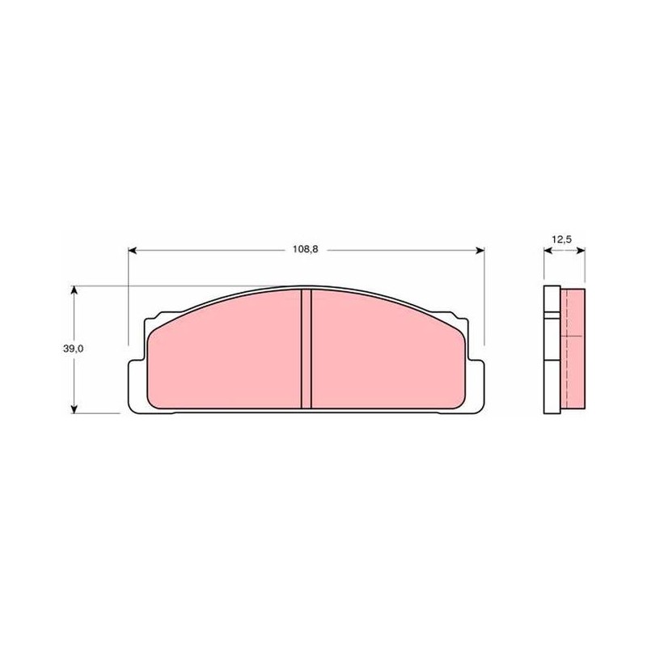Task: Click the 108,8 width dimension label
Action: tap(306, 250)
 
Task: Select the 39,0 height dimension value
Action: tap(73, 349)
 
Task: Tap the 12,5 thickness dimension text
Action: tap(561, 239)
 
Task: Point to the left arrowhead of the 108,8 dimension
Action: tap(133, 251)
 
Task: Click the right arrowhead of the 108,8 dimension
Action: tap(480, 251)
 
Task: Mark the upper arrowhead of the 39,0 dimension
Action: tap(74, 290)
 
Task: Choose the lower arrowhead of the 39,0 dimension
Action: tap(74, 408)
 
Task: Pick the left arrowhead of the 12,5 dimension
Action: tap(548, 251)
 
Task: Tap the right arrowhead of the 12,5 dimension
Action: tap(581, 251)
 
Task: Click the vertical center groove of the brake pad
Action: tap(306, 349)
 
